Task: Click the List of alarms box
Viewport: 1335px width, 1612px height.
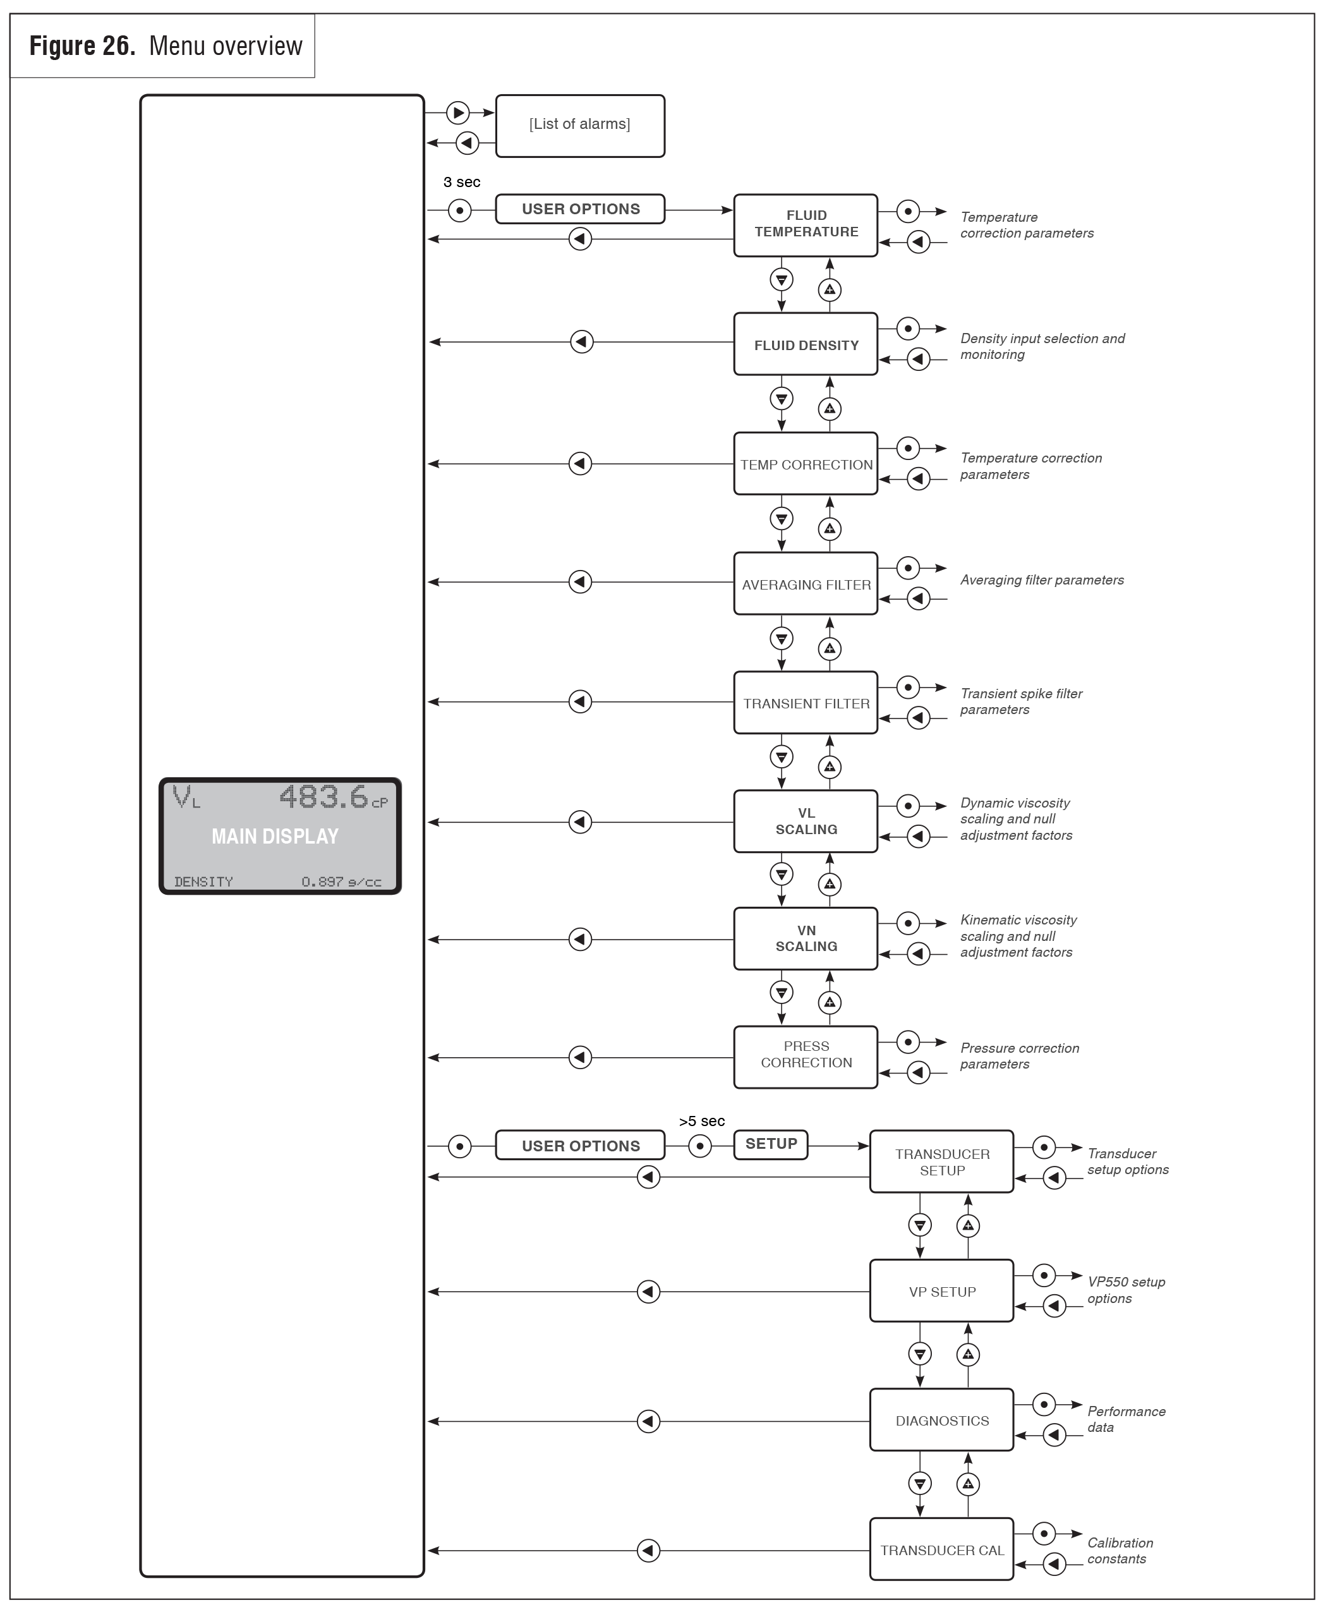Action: coord(579,125)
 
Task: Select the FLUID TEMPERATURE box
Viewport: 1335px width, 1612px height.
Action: coord(806,224)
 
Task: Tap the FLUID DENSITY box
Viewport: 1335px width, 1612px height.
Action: coord(806,344)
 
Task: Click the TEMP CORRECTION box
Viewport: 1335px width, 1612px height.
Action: coord(806,464)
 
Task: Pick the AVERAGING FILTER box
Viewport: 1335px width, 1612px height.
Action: coord(806,584)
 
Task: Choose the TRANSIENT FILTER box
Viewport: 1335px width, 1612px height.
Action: coord(806,703)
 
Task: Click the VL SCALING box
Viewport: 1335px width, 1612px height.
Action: coord(806,821)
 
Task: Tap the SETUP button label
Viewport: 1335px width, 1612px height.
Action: coord(771,1144)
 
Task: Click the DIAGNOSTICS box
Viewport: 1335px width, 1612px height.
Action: coord(941,1420)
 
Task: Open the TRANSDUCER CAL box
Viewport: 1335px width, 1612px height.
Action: coord(941,1549)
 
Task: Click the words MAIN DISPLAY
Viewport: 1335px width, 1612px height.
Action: coord(275,836)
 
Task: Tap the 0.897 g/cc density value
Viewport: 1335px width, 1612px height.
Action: coord(341,882)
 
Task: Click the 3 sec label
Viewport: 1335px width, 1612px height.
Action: coord(461,183)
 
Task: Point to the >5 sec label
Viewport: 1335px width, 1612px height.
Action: coord(701,1122)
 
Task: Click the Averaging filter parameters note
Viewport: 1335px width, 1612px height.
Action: coord(1041,580)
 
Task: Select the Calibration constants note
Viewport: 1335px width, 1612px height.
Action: coord(1120,1551)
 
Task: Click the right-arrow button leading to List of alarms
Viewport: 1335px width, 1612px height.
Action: coord(458,113)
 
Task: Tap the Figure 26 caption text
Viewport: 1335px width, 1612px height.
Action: coord(165,46)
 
